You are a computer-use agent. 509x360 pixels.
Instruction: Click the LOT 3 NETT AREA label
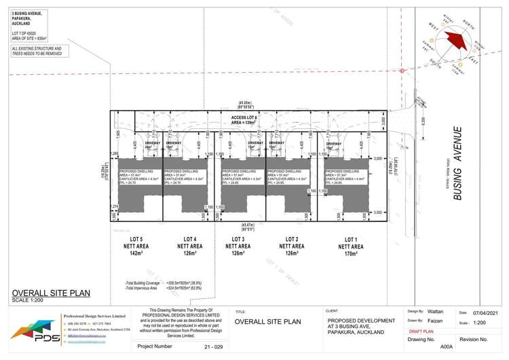tap(238, 246)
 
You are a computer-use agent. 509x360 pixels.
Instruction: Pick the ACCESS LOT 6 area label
tap(244, 120)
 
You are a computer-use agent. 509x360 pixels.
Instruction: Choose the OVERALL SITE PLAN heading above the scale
tap(51, 293)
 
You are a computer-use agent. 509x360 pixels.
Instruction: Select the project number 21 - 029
tap(214, 346)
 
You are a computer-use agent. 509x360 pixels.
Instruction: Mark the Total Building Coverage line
tap(170, 282)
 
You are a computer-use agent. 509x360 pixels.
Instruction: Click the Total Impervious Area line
tap(170, 288)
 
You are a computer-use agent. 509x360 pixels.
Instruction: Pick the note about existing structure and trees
tap(37, 51)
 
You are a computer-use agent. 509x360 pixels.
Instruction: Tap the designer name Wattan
tap(435, 311)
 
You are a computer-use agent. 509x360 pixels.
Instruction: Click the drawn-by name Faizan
tap(435, 320)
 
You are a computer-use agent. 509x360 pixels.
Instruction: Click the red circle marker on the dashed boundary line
tap(403, 71)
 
